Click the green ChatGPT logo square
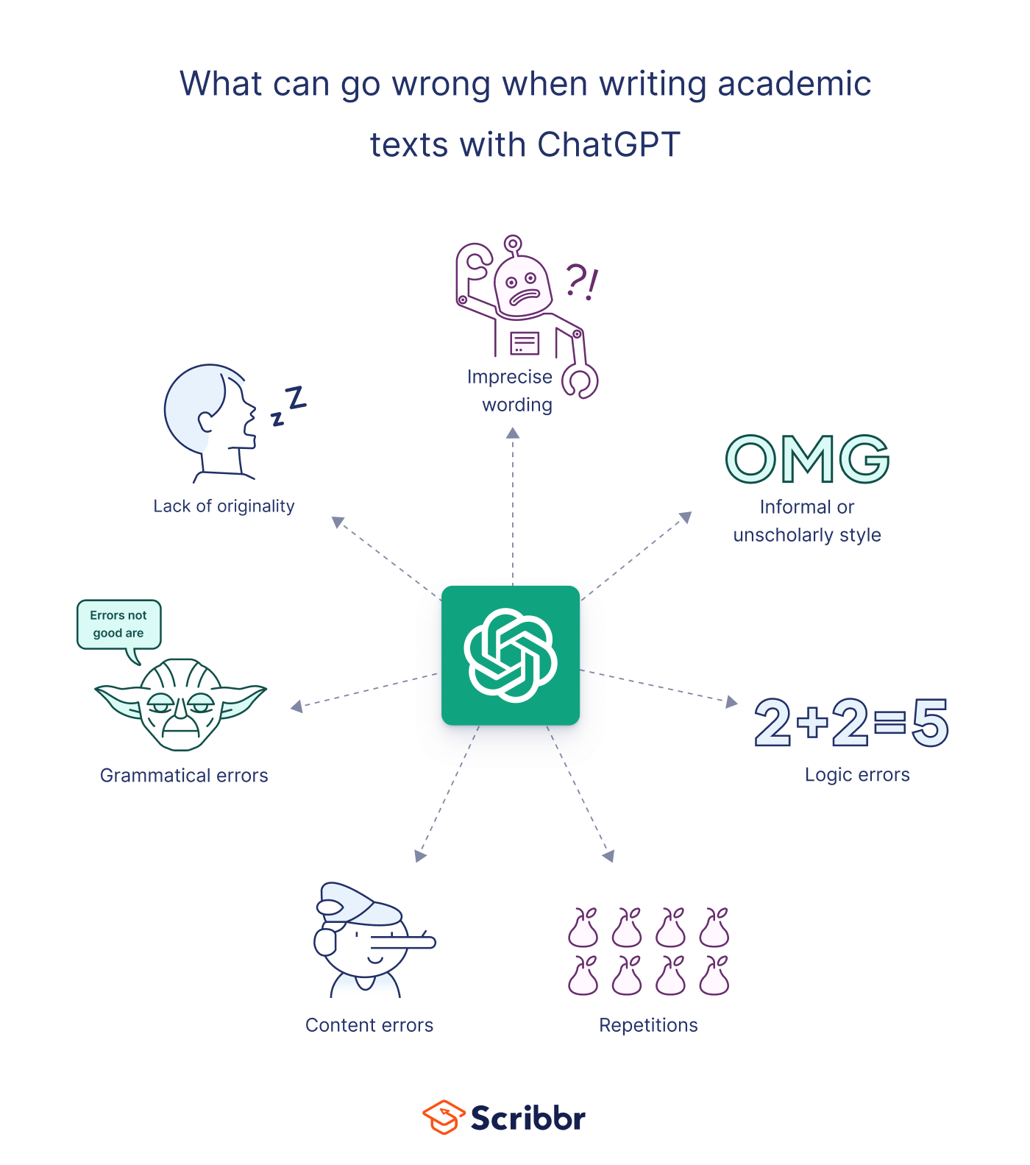tap(511, 655)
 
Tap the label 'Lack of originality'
tap(224, 506)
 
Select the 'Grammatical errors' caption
tap(184, 776)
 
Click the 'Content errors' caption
tap(369, 1025)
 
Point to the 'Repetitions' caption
tap(648, 1025)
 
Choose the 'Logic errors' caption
tap(857, 775)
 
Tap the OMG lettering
tap(808, 458)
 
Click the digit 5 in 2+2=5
tap(930, 723)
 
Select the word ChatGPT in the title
tap(608, 144)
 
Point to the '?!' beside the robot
tap(582, 283)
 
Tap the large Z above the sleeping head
tap(296, 397)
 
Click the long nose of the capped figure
tap(402, 941)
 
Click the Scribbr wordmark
tap(528, 1118)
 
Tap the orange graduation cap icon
tap(444, 1117)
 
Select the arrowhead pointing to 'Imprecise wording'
tap(513, 433)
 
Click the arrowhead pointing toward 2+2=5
tap(731, 701)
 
